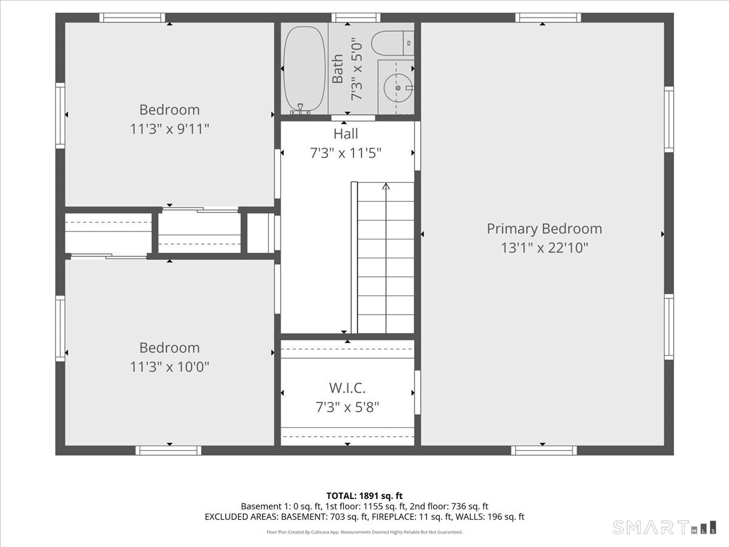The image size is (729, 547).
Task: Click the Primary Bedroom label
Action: (544, 229)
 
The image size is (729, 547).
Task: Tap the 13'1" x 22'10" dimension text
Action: (544, 248)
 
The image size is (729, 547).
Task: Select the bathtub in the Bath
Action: (304, 69)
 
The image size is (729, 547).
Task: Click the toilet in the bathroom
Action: (392, 43)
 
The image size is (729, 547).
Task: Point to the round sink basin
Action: (397, 88)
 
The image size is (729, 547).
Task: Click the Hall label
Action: (346, 134)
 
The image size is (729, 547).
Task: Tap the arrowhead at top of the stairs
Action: (386, 187)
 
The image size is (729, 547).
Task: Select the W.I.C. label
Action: (347, 388)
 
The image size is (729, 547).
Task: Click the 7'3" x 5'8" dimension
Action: (347, 407)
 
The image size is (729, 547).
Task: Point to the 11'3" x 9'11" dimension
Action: (169, 129)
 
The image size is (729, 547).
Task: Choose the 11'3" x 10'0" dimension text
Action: (169, 367)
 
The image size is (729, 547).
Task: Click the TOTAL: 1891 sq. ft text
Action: (364, 496)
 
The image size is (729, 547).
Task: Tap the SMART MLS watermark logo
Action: (664, 527)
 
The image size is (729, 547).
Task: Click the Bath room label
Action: (337, 69)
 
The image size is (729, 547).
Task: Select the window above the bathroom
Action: (356, 18)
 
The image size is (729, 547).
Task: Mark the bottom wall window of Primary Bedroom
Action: (544, 451)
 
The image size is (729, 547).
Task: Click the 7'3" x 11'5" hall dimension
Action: (346, 153)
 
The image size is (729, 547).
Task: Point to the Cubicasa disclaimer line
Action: (364, 532)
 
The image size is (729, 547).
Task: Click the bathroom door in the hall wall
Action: (353, 118)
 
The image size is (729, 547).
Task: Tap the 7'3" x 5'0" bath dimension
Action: (357, 69)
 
